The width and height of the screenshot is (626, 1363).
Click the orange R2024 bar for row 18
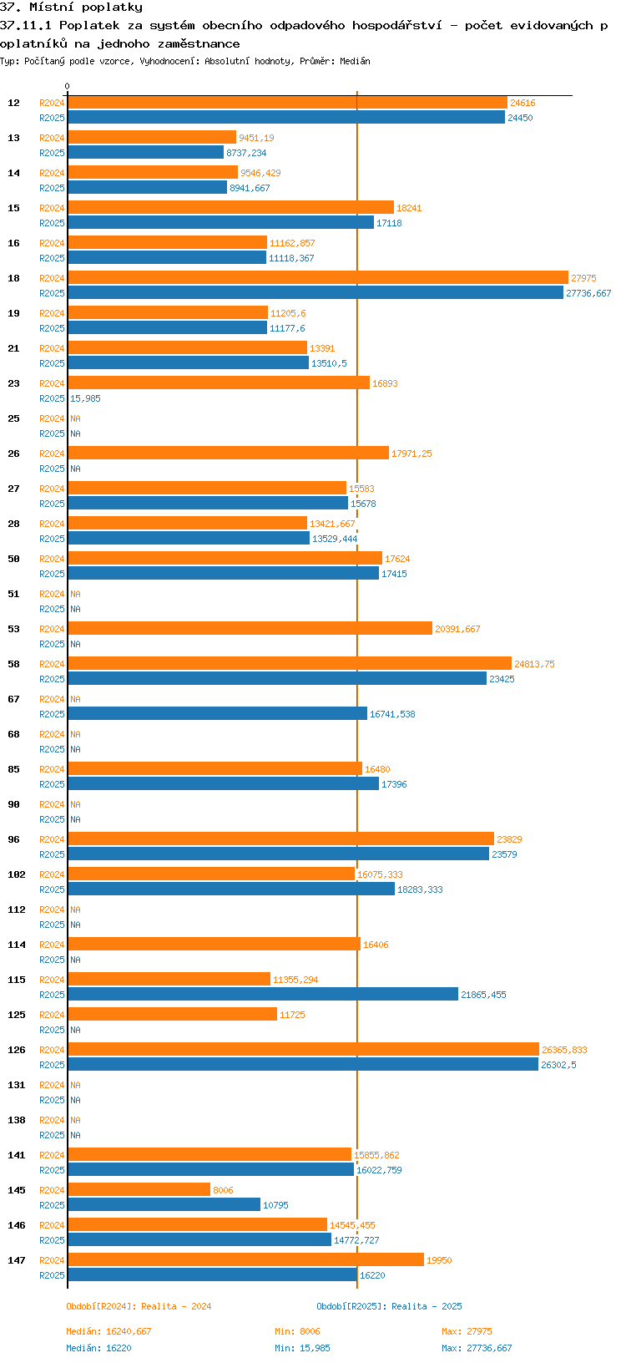click(x=317, y=278)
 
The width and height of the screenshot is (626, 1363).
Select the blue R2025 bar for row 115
click(x=263, y=995)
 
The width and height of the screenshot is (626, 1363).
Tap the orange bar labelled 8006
click(x=139, y=1190)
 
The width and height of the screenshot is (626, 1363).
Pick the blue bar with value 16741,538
click(x=217, y=714)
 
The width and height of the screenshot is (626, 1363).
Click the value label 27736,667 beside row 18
click(x=588, y=293)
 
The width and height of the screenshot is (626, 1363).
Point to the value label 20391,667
click(x=457, y=629)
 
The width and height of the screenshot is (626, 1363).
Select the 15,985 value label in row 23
click(x=85, y=398)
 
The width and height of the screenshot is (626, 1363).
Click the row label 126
click(x=17, y=1050)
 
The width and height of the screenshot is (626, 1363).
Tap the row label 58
click(x=14, y=664)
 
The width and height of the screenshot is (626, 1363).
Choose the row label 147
click(x=17, y=1260)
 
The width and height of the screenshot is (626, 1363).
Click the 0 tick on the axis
click(x=68, y=86)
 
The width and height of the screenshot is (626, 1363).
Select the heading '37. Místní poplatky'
click(x=71, y=7)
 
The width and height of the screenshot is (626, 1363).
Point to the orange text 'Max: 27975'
click(x=467, y=1331)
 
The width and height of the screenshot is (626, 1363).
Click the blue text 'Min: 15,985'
click(x=301, y=1348)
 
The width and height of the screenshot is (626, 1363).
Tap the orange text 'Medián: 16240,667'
click(x=109, y=1331)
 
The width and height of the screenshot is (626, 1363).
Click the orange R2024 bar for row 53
click(x=250, y=629)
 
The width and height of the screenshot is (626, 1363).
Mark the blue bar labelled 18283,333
click(x=231, y=889)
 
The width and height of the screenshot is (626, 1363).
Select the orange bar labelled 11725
click(x=172, y=1015)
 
